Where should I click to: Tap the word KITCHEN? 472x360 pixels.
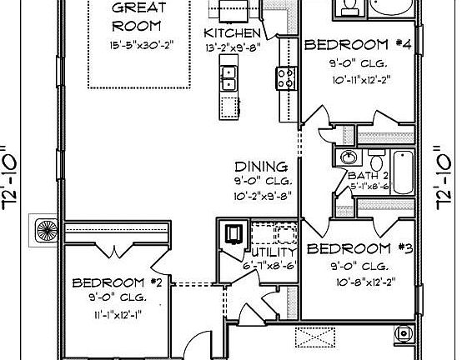pos(234,33)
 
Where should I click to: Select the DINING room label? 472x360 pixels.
pos(260,167)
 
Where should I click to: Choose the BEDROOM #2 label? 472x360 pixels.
pos(121,282)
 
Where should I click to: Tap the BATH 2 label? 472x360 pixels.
pos(369,176)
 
